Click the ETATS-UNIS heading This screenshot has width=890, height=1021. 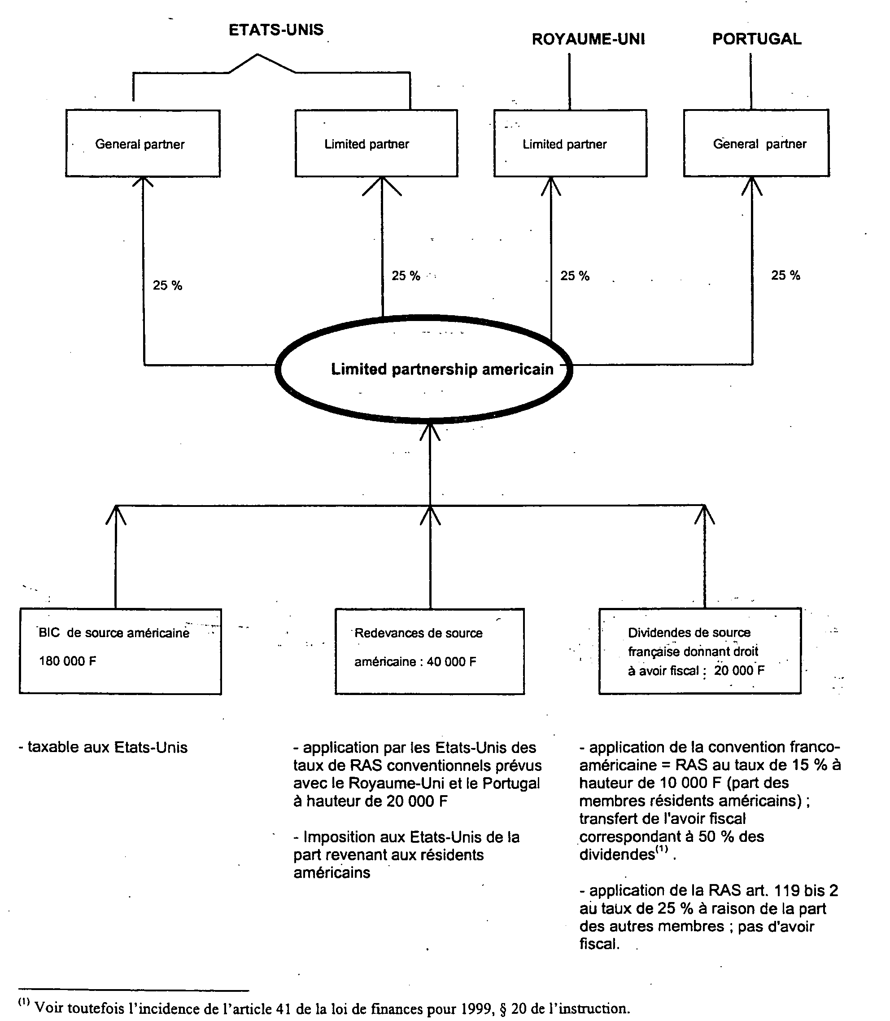tap(276, 30)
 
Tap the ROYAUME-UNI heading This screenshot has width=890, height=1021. tap(589, 39)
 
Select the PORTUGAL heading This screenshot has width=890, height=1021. tap(757, 39)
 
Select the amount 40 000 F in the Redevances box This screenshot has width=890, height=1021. tap(451, 662)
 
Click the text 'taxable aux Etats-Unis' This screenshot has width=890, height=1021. tap(103, 748)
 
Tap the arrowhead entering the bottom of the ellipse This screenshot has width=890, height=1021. tap(430, 431)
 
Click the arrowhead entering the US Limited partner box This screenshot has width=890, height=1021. tap(382, 186)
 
